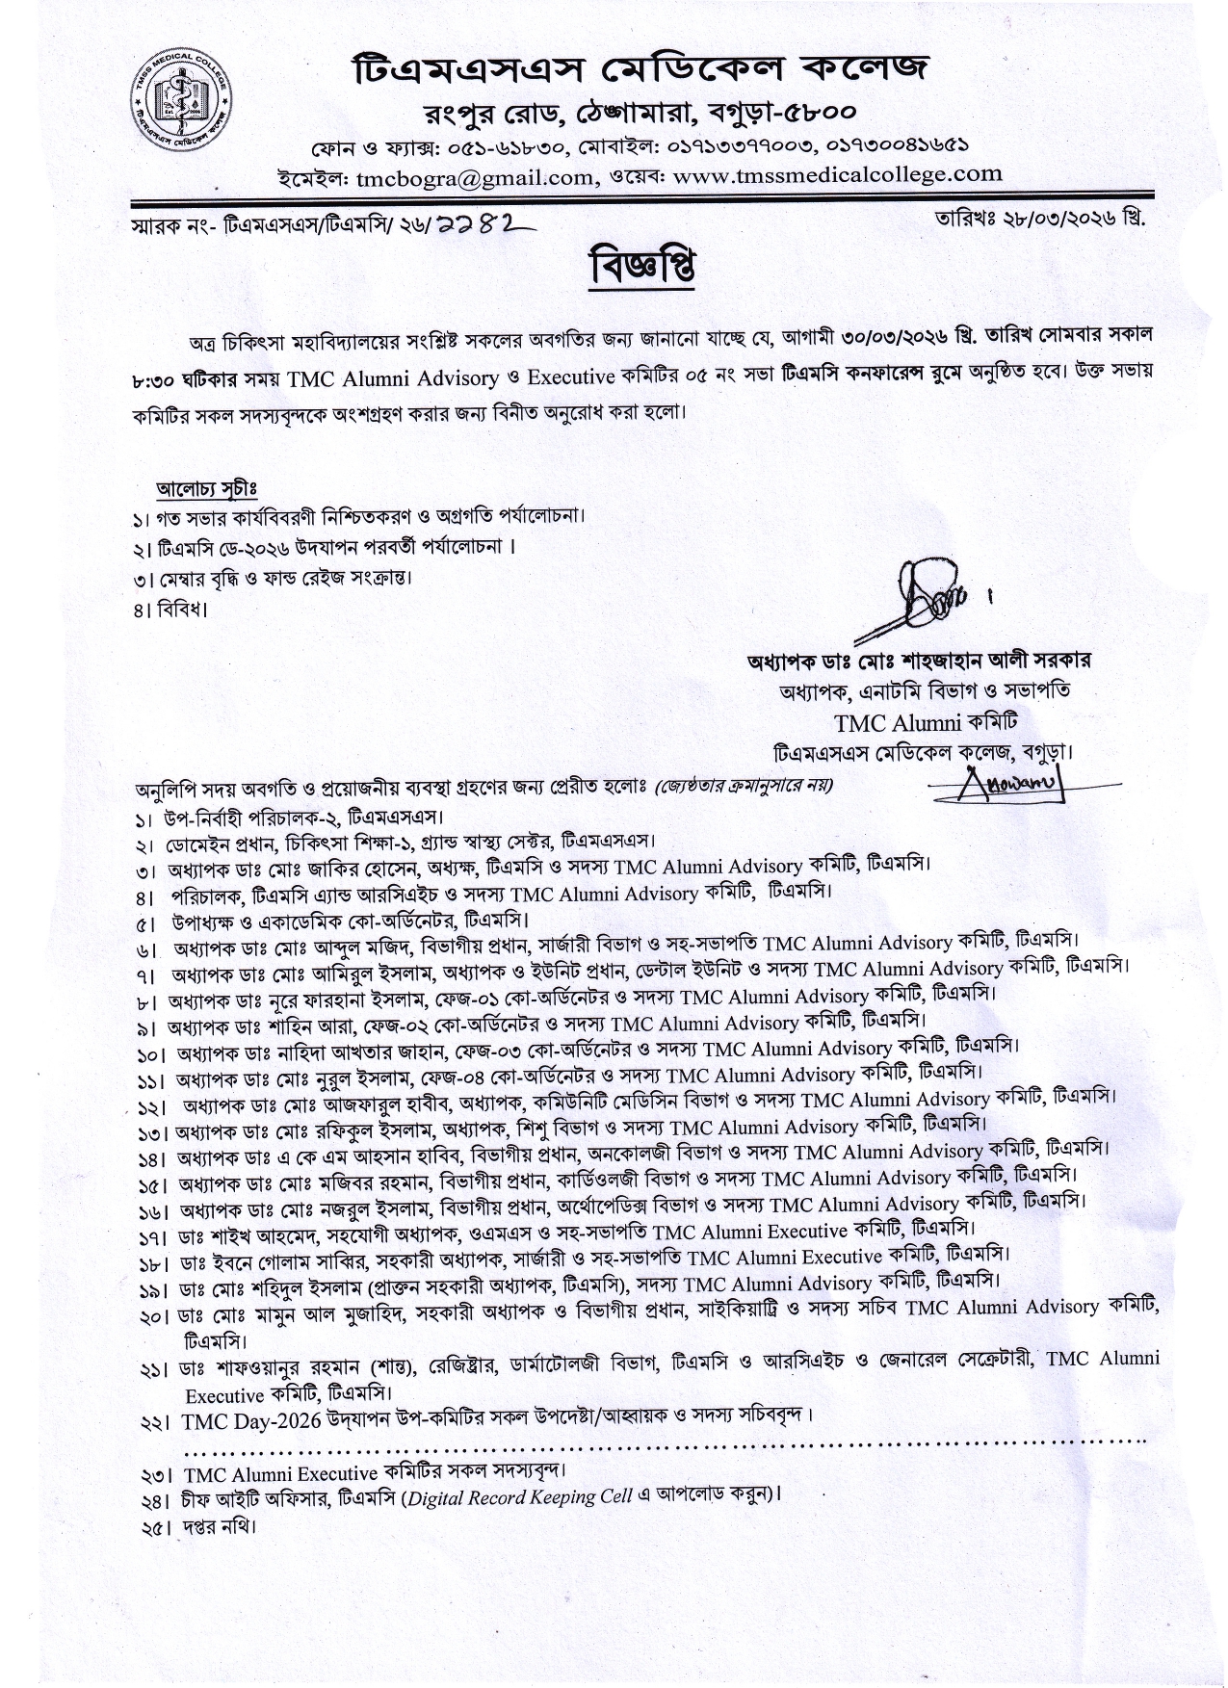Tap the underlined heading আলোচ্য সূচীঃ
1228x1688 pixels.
[x=207, y=488]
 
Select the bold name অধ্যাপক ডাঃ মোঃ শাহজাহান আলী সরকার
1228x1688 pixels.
[x=919, y=662]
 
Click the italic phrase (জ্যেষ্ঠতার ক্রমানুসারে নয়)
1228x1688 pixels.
[x=744, y=786]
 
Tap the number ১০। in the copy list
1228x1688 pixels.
[x=152, y=1053]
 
